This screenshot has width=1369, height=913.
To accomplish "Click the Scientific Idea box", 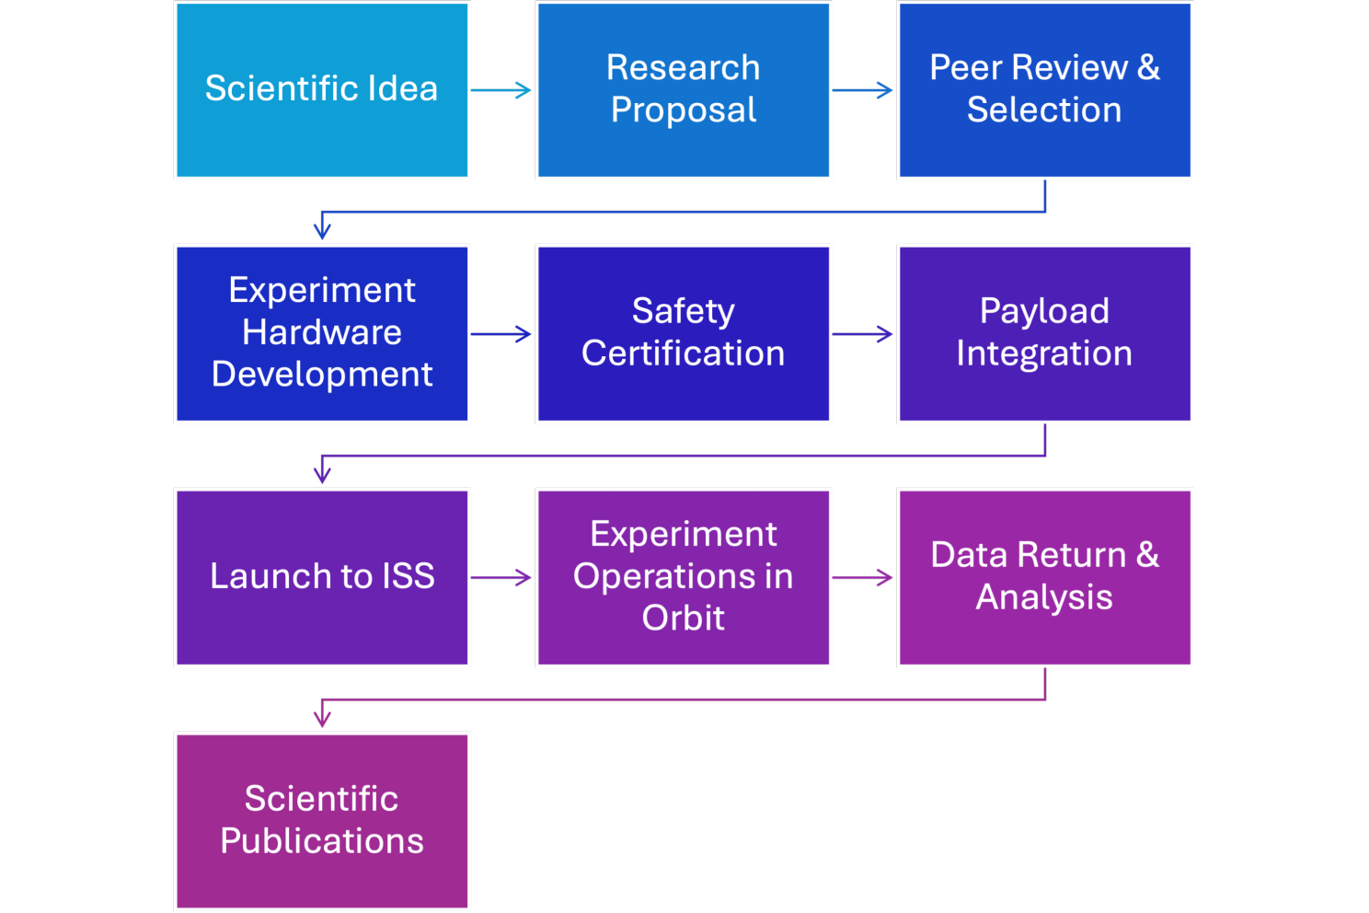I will click(322, 90).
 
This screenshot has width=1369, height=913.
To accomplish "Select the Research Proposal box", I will click(684, 90).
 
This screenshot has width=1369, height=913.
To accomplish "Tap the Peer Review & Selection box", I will click(1045, 90).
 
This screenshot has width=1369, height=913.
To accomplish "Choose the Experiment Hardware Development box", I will click(322, 334).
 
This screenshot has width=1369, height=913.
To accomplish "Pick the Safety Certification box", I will click(684, 334).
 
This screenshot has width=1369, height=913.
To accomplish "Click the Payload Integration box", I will click(1045, 334).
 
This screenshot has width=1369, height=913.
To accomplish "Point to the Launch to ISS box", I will click(322, 578).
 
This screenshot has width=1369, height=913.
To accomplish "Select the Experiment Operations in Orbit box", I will click(684, 578).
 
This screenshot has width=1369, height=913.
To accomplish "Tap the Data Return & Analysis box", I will click(1045, 578).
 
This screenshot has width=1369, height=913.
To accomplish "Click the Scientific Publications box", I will click(322, 821).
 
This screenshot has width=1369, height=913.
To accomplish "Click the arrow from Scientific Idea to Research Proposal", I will click(502, 90).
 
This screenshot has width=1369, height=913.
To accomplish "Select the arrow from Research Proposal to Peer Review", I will click(864, 90).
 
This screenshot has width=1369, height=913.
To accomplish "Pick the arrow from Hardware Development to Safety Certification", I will click(502, 334).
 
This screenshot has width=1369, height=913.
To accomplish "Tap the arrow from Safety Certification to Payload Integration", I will click(864, 334).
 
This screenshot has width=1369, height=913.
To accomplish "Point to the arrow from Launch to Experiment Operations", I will click(502, 578).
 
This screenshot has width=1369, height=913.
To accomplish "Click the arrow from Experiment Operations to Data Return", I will click(864, 578).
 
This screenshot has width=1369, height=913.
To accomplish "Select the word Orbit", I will click(684, 618).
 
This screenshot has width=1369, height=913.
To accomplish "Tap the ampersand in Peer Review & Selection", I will click(1148, 67).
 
